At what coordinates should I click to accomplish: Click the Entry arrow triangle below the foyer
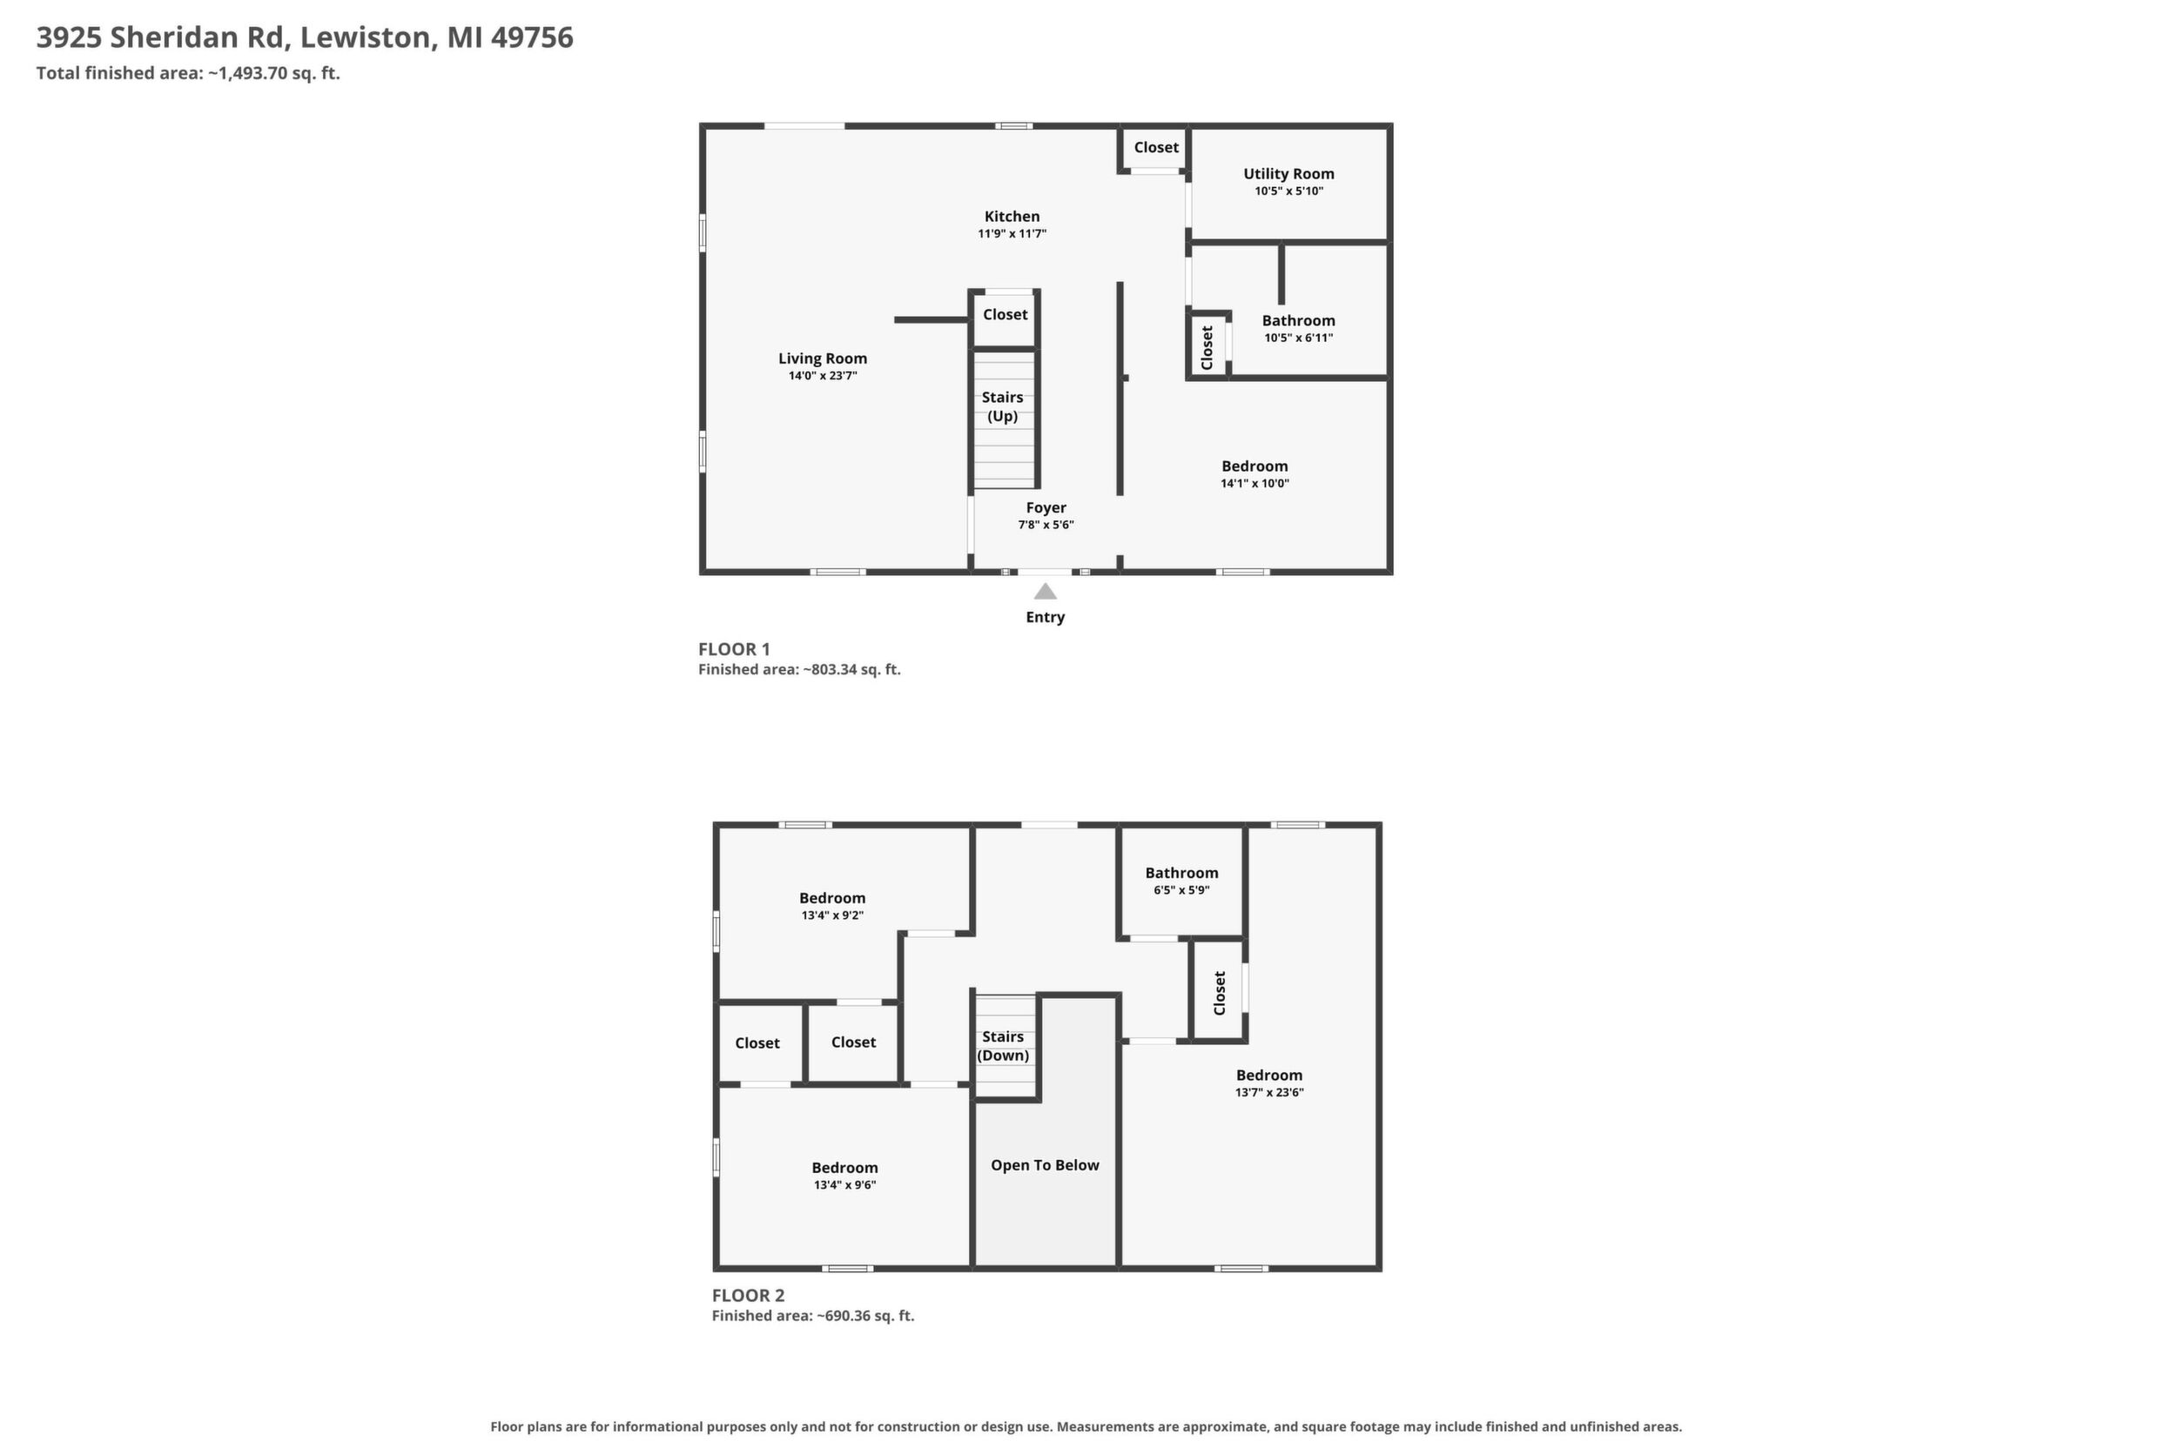pyautogui.click(x=1045, y=591)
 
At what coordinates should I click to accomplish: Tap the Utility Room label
pyautogui.click(x=1288, y=174)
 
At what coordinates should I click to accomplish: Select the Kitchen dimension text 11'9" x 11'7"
pyautogui.click(x=1012, y=233)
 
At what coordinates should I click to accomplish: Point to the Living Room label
pyautogui.click(x=822, y=359)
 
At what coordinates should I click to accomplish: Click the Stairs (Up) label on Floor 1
pyautogui.click(x=1002, y=406)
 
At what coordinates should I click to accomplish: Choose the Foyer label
pyautogui.click(x=1046, y=507)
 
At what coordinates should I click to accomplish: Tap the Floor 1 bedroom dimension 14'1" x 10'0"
pyautogui.click(x=1255, y=483)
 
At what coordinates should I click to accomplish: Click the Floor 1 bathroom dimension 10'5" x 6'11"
pyautogui.click(x=1299, y=338)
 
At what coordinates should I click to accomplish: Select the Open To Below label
pyautogui.click(x=1045, y=1164)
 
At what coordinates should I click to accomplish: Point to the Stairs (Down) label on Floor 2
pyautogui.click(x=1003, y=1045)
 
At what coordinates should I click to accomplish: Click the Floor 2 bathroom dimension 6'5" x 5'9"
pyautogui.click(x=1181, y=890)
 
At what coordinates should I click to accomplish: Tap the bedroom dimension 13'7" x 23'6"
pyautogui.click(x=1269, y=1092)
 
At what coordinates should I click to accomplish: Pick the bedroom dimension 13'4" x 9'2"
pyautogui.click(x=832, y=915)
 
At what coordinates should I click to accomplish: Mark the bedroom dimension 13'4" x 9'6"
pyautogui.click(x=845, y=1185)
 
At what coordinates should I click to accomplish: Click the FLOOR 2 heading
pyautogui.click(x=749, y=1296)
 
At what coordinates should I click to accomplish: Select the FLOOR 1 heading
pyautogui.click(x=735, y=649)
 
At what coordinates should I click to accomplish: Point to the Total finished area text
pyautogui.click(x=188, y=73)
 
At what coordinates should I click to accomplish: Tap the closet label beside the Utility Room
pyautogui.click(x=1157, y=147)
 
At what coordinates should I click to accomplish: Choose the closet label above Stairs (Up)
pyautogui.click(x=1006, y=314)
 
